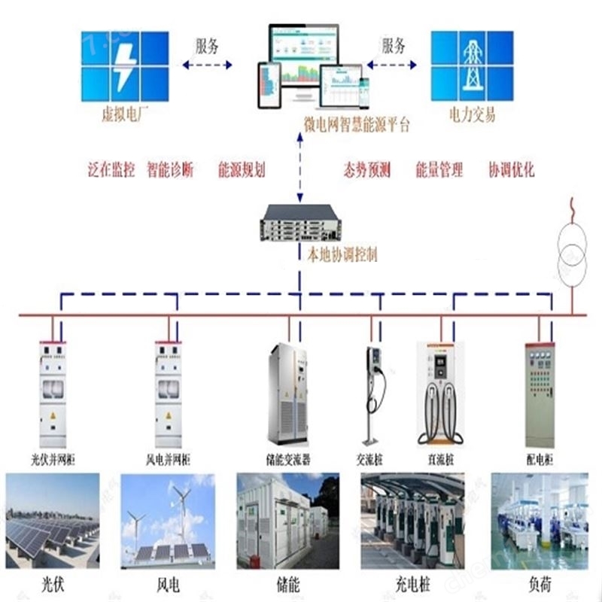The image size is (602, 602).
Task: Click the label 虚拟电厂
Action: (x=123, y=116)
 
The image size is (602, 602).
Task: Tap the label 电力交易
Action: (x=473, y=116)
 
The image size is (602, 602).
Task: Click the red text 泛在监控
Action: (x=111, y=170)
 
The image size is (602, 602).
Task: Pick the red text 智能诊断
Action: (x=170, y=170)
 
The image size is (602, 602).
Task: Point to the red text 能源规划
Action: (x=242, y=170)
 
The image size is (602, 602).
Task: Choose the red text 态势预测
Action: (x=366, y=170)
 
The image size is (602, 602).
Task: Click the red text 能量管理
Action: (x=439, y=170)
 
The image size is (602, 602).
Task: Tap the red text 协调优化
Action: (x=512, y=170)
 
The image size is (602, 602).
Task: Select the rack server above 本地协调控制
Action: (x=300, y=222)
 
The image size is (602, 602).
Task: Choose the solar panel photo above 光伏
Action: (x=53, y=519)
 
